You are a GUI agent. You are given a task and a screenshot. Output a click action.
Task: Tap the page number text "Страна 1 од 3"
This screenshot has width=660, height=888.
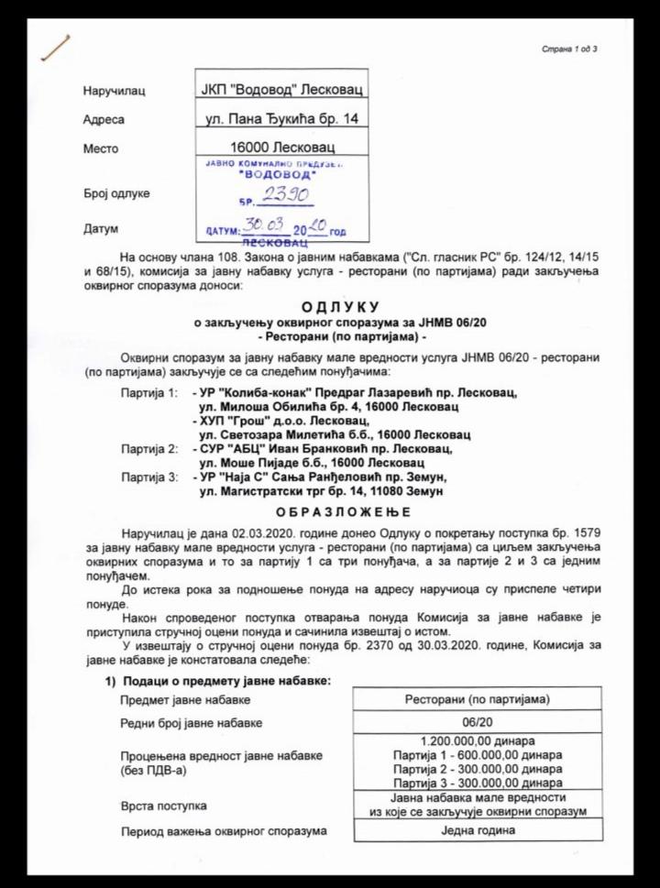[x=570, y=49]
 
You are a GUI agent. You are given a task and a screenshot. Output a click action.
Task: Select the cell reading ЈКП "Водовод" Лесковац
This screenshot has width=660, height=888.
[x=282, y=90]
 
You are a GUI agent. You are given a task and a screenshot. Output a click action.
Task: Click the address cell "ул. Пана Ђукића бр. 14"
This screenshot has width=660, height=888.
[x=282, y=119]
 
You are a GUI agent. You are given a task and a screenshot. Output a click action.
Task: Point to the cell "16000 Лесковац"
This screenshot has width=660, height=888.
[x=282, y=148]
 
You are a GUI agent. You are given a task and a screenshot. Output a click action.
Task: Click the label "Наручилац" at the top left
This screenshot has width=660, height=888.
[x=114, y=91]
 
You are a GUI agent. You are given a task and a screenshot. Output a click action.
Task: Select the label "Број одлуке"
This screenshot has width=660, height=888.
[x=116, y=193]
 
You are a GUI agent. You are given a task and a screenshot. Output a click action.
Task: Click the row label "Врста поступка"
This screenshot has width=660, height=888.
[x=160, y=806]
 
